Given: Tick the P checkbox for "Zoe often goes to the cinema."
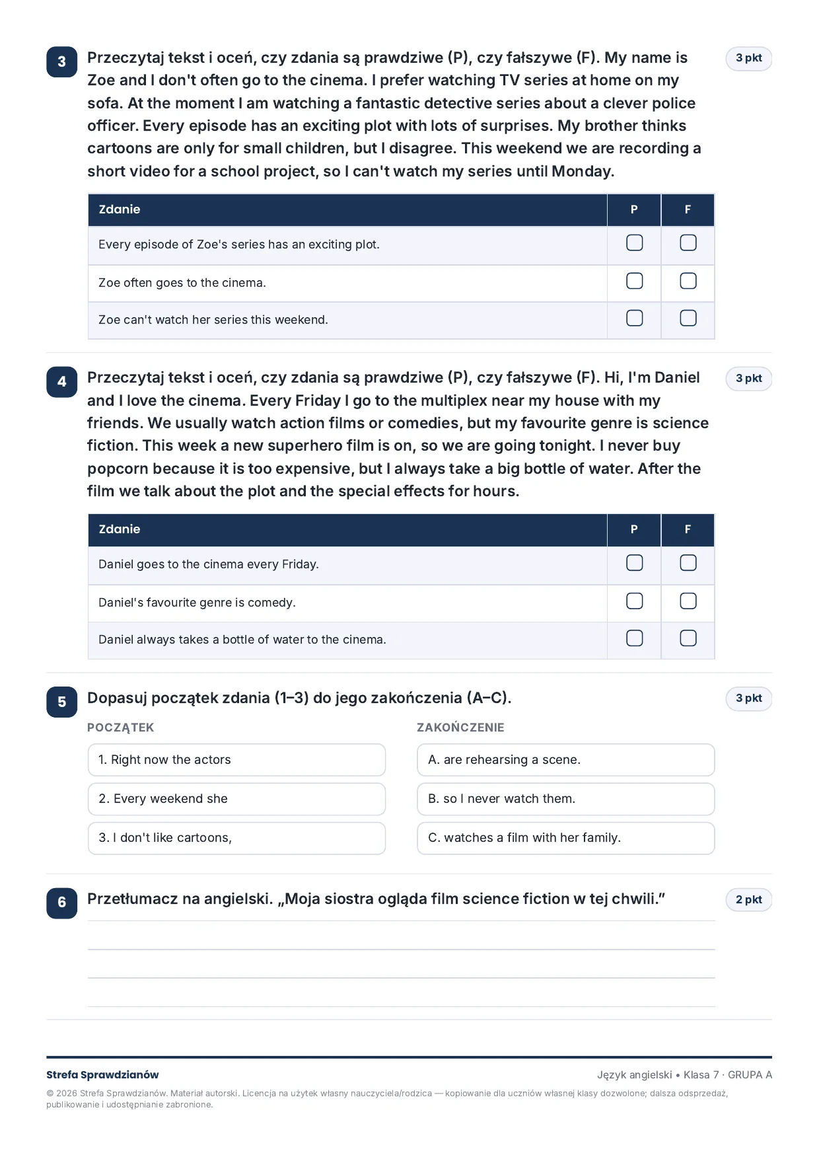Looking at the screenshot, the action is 634,281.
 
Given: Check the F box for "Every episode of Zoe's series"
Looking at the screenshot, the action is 688,243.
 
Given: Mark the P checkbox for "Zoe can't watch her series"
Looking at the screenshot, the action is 634,318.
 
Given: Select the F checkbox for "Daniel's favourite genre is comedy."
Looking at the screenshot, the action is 688,601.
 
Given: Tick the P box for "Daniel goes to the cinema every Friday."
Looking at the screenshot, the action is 634,562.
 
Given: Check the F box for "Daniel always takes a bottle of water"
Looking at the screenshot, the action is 688,638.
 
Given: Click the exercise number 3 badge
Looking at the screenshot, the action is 61,61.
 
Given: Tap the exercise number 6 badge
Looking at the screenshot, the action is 61,903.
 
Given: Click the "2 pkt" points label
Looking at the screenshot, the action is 748,899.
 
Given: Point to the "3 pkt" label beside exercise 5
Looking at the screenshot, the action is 748,698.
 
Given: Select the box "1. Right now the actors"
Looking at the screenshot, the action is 236,760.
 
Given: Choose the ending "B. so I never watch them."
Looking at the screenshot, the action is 565,799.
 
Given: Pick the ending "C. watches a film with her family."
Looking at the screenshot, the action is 565,838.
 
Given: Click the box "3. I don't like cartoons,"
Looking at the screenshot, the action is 236,838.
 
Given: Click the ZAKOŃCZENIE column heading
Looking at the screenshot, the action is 460,727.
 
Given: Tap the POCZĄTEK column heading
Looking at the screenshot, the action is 120,728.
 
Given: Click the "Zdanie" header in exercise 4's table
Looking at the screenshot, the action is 120,529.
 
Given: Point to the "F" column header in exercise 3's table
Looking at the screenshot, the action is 688,209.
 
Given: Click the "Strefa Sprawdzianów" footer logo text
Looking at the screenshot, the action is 102,1075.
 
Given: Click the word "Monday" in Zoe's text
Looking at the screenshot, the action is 581,171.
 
